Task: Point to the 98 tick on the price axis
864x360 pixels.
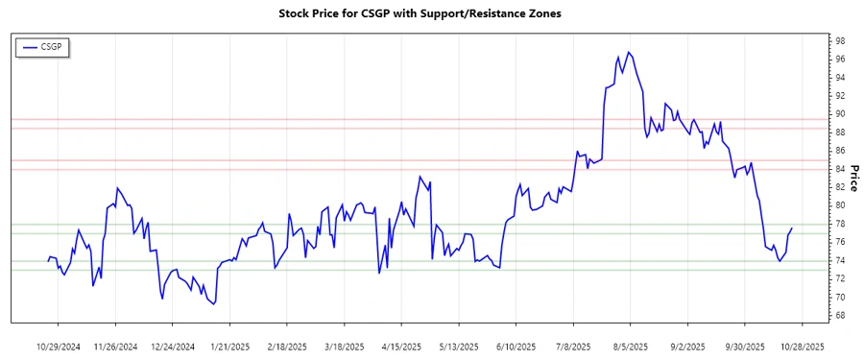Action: coord(839,41)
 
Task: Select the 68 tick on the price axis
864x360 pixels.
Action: coord(839,316)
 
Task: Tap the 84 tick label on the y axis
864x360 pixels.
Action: coord(839,169)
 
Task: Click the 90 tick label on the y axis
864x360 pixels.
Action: coord(839,114)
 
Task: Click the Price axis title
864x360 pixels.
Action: coord(854,179)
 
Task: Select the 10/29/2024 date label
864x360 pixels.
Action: coord(60,346)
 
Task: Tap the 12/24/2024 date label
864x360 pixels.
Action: coord(173,346)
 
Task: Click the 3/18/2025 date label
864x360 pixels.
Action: coord(345,346)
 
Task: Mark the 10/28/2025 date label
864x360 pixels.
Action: coord(802,346)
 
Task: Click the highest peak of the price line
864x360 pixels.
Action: coord(629,52)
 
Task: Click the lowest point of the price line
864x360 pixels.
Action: coord(213,304)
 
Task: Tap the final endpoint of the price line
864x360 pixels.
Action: coord(792,228)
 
